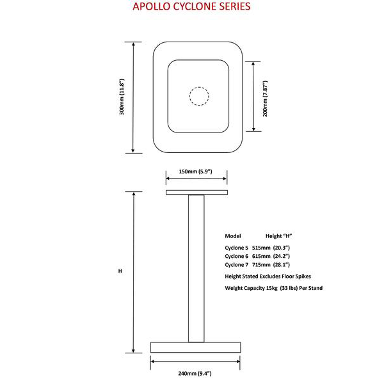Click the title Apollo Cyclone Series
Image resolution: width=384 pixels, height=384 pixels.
coord(191,8)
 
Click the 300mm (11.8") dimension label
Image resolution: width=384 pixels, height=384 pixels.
coord(122,97)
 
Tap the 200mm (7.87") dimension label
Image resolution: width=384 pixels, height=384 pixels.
coord(264,97)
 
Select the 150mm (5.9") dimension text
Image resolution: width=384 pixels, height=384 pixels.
coord(195,171)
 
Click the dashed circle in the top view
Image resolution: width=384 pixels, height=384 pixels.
coord(199,96)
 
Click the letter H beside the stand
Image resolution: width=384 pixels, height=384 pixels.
coord(120,271)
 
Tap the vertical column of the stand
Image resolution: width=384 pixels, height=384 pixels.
coord(196,269)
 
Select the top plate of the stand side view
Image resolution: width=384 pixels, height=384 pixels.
coord(196,192)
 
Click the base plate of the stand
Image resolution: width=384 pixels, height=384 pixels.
coord(195,347)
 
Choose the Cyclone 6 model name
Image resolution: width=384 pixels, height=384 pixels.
coord(237,255)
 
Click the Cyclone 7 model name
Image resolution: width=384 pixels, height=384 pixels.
coord(237,264)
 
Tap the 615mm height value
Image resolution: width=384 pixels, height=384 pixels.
coord(262,255)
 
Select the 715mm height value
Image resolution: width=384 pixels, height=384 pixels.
coord(262,264)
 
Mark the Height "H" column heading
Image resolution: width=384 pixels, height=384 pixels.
coord(278,236)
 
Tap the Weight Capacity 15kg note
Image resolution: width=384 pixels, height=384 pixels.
coord(273,288)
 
